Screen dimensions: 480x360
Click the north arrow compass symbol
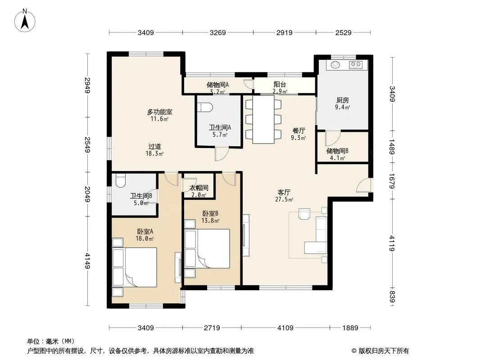click(x=25, y=21)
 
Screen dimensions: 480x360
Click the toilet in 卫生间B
click(x=121, y=180)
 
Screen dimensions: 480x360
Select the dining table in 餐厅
click(x=263, y=119)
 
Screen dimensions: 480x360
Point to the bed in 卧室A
click(x=135, y=267)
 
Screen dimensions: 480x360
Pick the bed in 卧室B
click(x=207, y=249)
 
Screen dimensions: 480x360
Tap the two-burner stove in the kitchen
click(x=356, y=64)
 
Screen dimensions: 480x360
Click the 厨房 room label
click(x=342, y=100)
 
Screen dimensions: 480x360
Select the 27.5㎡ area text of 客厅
click(x=284, y=200)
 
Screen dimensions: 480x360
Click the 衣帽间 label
click(x=199, y=188)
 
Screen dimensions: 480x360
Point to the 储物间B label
click(x=337, y=151)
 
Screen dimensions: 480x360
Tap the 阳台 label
click(x=280, y=85)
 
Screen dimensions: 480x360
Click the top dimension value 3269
click(x=217, y=32)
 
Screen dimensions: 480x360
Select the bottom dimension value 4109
click(x=285, y=328)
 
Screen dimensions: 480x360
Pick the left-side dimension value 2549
click(x=88, y=144)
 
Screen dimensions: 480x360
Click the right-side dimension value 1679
click(x=392, y=181)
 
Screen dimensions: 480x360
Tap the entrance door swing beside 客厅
click(x=364, y=185)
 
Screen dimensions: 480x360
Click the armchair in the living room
click(x=304, y=214)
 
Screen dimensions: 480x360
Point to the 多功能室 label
click(x=159, y=112)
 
